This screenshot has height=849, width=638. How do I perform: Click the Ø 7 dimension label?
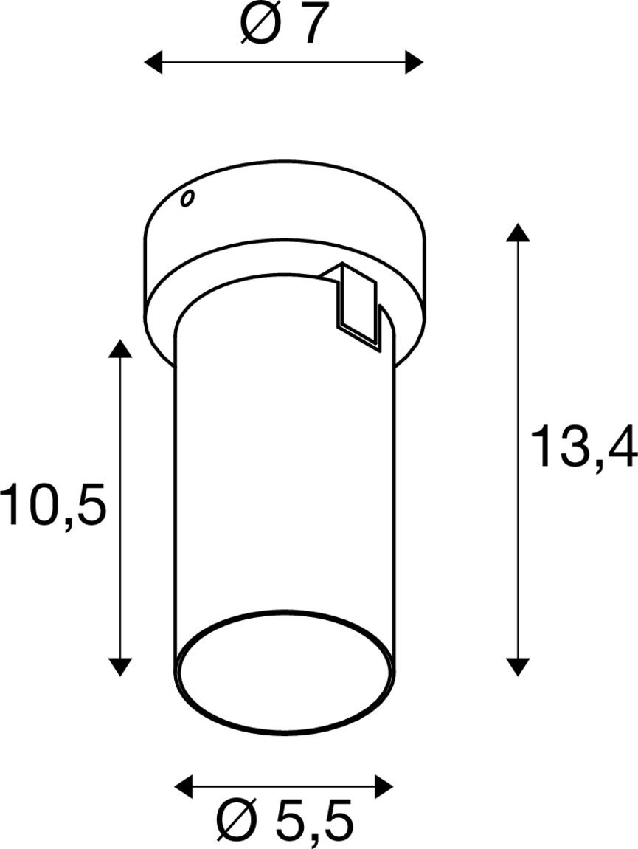click(x=283, y=26)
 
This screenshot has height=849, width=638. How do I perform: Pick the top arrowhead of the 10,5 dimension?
click(x=120, y=348)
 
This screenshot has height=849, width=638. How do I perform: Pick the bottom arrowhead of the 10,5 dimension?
click(x=120, y=667)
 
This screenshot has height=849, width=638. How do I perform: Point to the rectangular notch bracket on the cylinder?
click(x=358, y=303)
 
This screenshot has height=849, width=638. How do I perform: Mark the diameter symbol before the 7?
click(x=258, y=26)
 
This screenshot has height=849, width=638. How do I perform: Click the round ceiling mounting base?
click(x=283, y=214)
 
